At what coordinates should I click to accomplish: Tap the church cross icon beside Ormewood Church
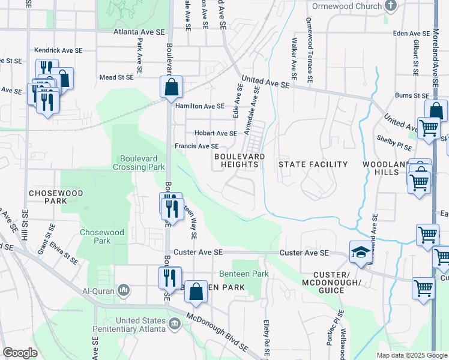pos(391,6)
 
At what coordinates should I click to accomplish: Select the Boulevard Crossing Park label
pos(140,163)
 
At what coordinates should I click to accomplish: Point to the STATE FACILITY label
pos(313,164)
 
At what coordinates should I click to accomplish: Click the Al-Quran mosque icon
pos(124,290)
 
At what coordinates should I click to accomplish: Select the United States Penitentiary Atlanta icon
pos(174,325)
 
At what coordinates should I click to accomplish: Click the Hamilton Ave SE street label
pos(199,106)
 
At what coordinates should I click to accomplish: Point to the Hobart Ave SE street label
pos(215,133)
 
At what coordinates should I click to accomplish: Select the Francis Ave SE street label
pos(196,146)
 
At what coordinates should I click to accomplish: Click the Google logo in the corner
pos(20,353)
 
